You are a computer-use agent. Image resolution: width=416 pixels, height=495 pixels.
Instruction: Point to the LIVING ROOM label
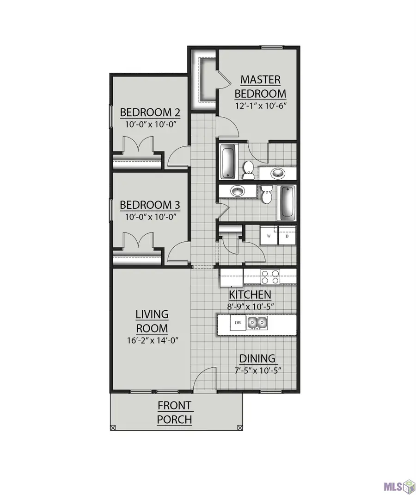(x=152, y=321)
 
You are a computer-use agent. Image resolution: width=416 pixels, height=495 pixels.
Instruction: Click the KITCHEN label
(x=250, y=294)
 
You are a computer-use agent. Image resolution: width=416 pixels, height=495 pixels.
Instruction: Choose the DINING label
(x=257, y=358)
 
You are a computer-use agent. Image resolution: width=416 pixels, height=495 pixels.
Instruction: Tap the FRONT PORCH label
(x=174, y=413)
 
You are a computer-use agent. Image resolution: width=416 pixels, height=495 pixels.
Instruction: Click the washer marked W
(x=268, y=236)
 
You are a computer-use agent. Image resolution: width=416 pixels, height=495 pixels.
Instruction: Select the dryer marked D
(x=287, y=236)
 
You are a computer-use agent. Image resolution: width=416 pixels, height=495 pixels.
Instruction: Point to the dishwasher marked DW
(x=239, y=322)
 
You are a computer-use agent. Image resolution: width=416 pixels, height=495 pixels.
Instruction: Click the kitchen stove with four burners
(x=270, y=276)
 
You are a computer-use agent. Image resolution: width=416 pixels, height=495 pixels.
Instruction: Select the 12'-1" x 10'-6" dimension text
(x=260, y=106)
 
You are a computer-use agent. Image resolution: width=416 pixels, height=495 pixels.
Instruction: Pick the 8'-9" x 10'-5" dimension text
(x=250, y=306)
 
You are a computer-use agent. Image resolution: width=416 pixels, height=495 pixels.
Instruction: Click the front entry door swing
(x=204, y=381)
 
